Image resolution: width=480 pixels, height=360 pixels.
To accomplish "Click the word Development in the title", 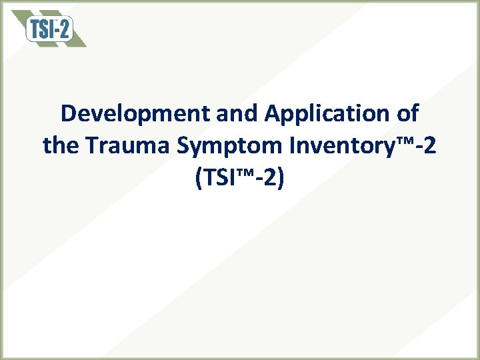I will pyautogui.click(x=136, y=114).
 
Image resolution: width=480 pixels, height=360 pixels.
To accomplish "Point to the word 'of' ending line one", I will pyautogui.click(x=407, y=114).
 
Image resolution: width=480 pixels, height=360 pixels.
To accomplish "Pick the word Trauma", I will pyautogui.click(x=121, y=145).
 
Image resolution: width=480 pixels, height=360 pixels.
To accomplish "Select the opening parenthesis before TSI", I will pyautogui.click(x=199, y=178).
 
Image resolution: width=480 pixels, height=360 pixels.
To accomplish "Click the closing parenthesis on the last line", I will pyautogui.click(x=281, y=178).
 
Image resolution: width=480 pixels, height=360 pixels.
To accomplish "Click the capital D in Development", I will pyautogui.click(x=68, y=114).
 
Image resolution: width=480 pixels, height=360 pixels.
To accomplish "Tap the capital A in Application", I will pyautogui.click(x=272, y=114).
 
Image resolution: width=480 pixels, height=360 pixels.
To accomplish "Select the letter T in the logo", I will pyautogui.click(x=35, y=29).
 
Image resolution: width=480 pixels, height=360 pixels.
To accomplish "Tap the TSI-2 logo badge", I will pyautogui.click(x=49, y=29).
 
